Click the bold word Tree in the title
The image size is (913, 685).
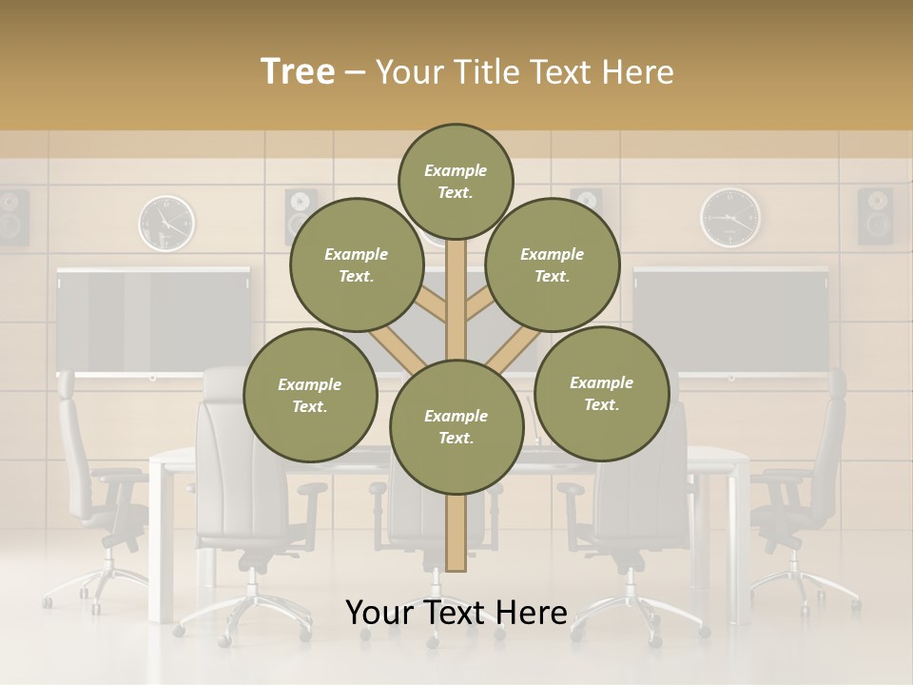point(298,71)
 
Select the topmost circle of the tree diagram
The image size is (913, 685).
point(456,181)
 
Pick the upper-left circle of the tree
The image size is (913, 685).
point(357,264)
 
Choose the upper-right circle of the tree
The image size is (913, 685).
point(553,264)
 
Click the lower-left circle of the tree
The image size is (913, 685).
point(310,395)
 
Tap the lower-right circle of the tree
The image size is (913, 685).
point(601,393)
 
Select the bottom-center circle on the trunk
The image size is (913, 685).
point(456,427)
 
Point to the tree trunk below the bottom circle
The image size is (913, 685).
point(456,533)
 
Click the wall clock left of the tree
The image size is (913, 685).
point(166,223)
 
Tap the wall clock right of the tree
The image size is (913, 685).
point(730,217)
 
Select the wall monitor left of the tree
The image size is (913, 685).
point(152,320)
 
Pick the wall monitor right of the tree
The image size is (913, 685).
point(730,320)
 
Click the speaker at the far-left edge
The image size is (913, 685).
point(13,217)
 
